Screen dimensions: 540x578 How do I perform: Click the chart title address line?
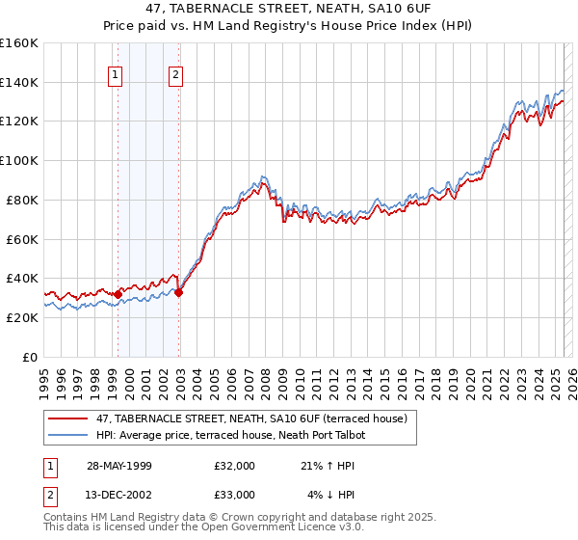[289, 9]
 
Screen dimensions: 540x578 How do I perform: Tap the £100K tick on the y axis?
[18, 160]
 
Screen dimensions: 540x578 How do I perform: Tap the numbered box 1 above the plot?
[116, 75]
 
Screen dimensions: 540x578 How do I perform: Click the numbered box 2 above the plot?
[176, 75]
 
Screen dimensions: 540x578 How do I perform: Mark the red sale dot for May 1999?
[118, 294]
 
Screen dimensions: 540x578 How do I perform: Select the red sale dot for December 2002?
[179, 292]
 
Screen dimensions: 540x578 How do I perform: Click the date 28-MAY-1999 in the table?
[118, 466]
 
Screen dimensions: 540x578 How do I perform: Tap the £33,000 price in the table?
[235, 494]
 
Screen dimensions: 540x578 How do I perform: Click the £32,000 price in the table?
[235, 466]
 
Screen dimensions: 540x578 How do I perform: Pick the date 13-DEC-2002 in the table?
[118, 494]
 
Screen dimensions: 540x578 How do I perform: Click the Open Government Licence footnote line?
[204, 527]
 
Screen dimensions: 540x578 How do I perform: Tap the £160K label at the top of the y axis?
[18, 43]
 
